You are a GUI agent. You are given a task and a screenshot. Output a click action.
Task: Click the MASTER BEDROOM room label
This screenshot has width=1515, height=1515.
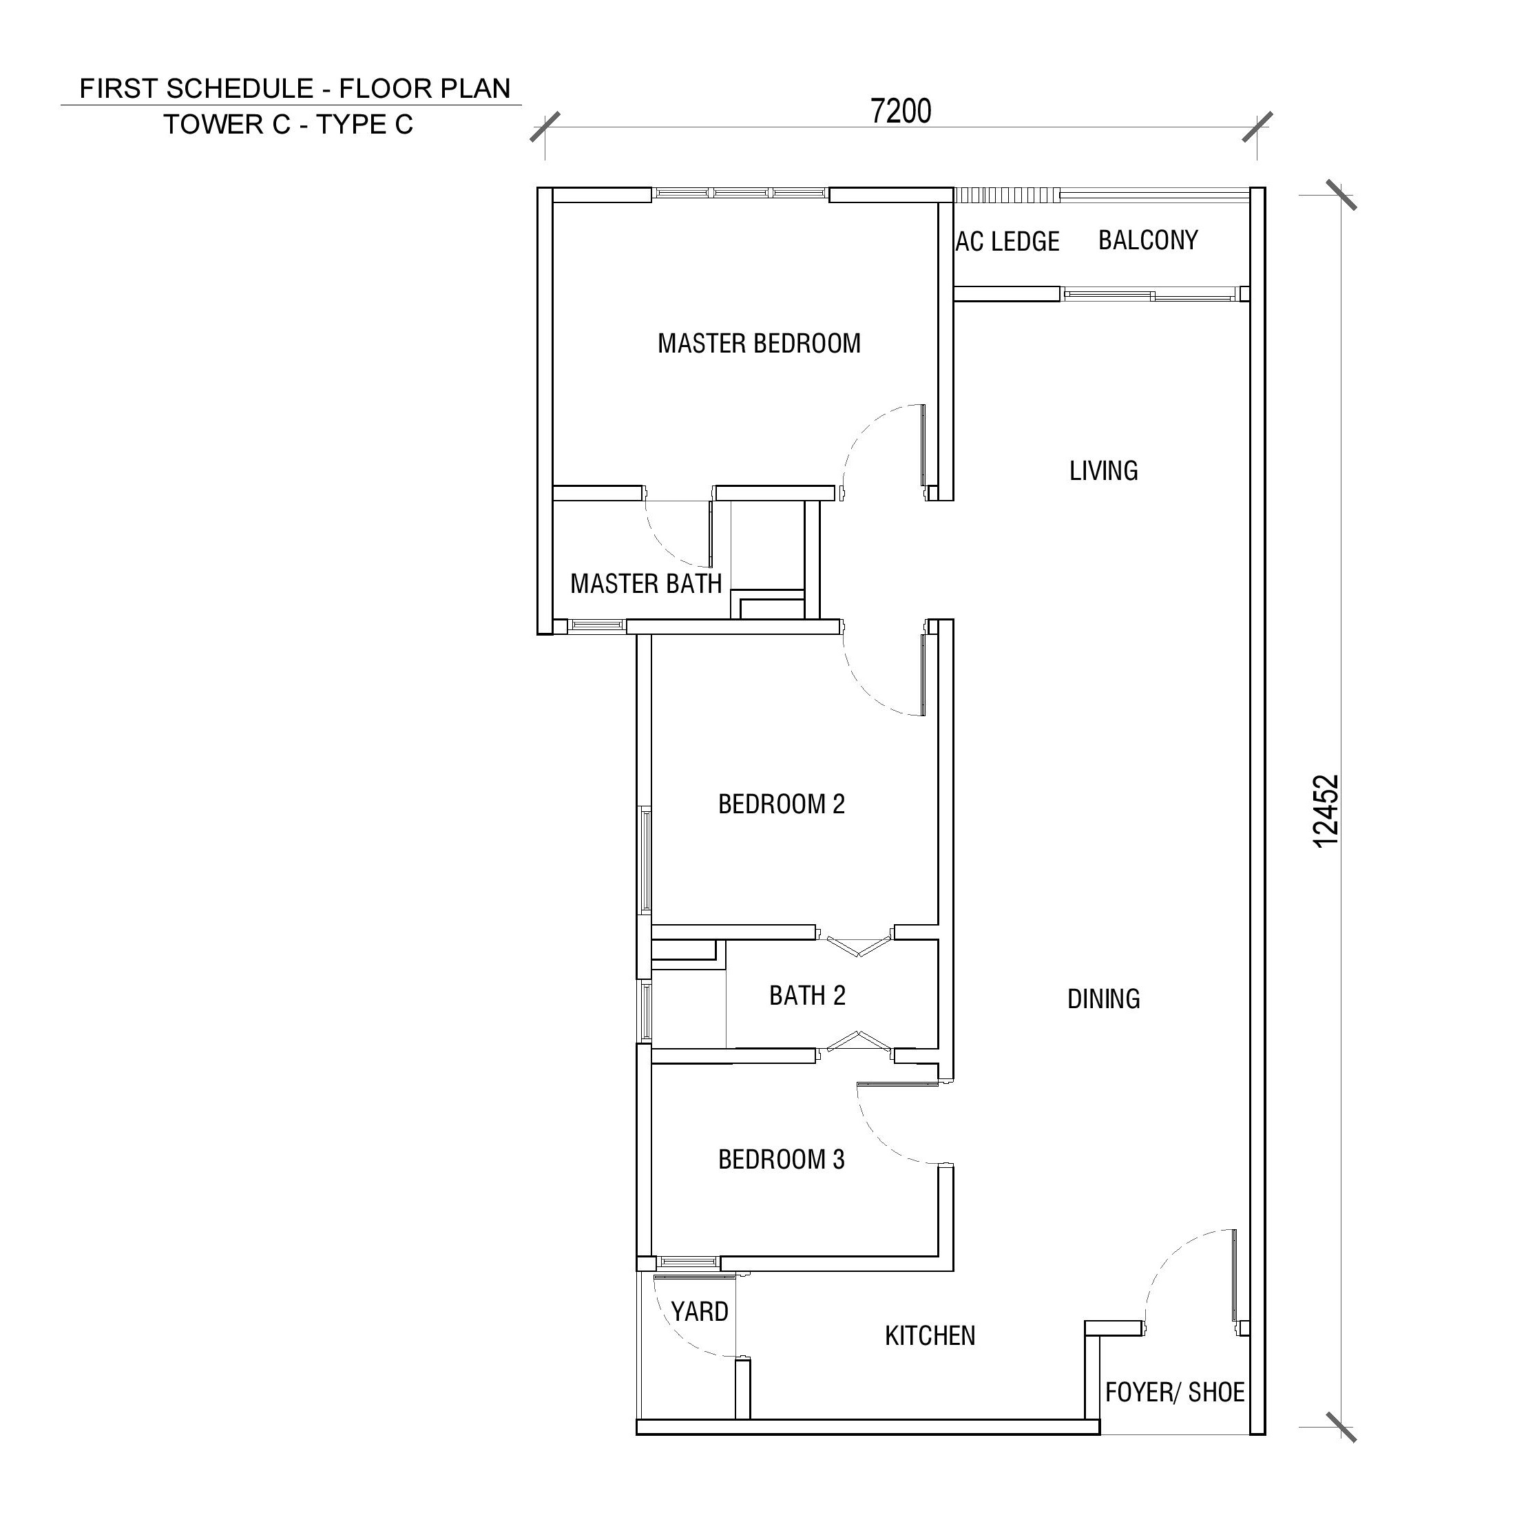[759, 344]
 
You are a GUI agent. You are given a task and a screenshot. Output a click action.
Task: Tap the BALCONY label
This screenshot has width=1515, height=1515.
[1148, 240]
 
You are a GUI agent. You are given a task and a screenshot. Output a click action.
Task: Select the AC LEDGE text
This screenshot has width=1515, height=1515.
[1007, 242]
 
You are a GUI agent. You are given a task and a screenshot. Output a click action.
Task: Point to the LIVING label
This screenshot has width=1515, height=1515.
[1103, 470]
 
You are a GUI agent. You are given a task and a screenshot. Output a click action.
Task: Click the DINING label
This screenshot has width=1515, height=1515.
[1103, 999]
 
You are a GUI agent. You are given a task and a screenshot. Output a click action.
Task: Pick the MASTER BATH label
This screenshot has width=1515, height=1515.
[646, 583]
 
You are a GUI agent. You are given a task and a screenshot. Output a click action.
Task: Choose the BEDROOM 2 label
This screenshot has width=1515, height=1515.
[782, 804]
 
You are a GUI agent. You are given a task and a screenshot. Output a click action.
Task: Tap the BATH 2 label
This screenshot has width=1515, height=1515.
[808, 995]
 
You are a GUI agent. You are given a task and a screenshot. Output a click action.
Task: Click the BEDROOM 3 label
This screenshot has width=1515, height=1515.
[782, 1159]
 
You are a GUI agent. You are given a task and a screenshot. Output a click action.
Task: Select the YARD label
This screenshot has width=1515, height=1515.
[700, 1311]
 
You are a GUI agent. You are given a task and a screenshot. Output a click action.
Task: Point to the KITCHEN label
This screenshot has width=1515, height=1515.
[930, 1335]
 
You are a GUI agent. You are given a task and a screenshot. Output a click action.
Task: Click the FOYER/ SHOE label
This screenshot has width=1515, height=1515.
[1175, 1392]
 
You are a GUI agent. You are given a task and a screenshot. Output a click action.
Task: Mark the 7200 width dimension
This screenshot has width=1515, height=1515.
[901, 112]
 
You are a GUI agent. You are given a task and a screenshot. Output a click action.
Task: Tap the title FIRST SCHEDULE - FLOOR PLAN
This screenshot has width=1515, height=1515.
[295, 89]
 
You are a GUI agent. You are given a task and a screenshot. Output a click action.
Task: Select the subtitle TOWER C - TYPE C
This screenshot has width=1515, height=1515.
[289, 125]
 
